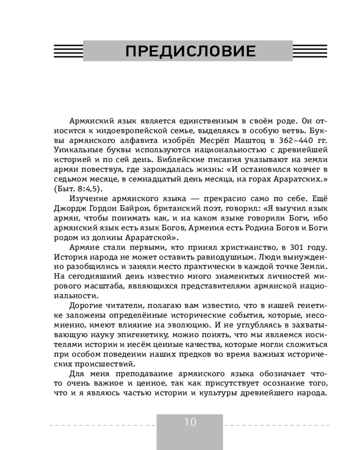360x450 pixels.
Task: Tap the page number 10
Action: (x=190, y=422)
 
